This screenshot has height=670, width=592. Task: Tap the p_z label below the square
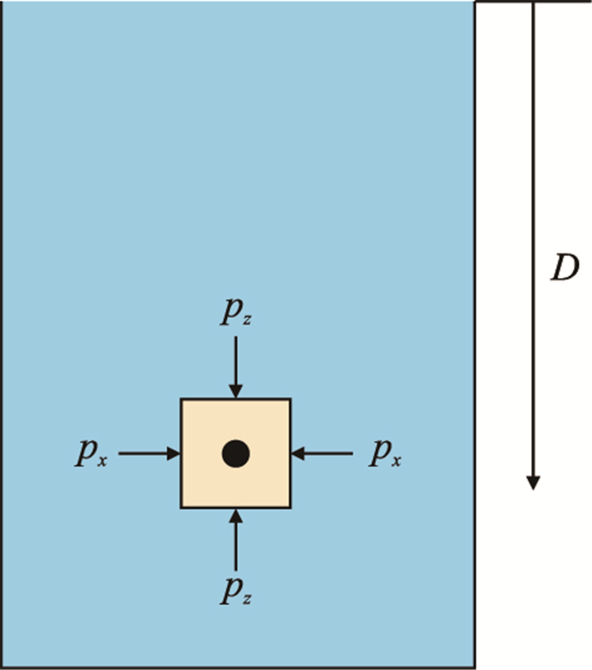(235, 592)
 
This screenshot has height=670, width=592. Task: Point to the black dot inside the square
(236, 454)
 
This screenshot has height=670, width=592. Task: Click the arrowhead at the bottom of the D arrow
(533, 482)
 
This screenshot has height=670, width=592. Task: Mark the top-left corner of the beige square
(182, 400)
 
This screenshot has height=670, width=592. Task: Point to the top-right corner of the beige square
(290, 400)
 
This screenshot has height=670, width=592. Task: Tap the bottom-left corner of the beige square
(182, 507)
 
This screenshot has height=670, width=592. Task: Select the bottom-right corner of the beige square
(290, 507)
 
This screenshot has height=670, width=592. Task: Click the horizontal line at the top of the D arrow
(533, 3)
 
